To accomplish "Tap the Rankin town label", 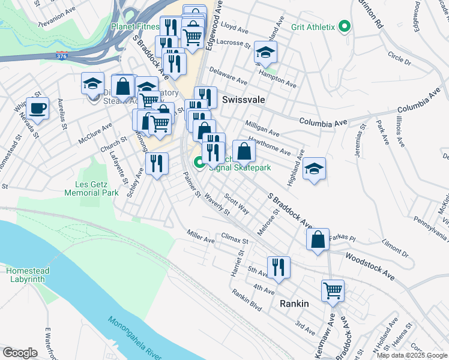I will click(x=294, y=304).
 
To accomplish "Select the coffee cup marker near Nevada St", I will click(x=37, y=109).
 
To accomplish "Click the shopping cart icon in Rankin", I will click(x=333, y=290).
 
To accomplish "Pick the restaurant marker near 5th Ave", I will click(x=279, y=267).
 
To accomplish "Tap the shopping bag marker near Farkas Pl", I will click(x=318, y=239).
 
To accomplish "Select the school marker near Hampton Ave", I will click(x=265, y=52).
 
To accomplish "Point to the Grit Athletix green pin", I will click(x=344, y=26).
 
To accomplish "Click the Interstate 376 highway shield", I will click(x=62, y=56).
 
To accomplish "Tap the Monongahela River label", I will click(x=135, y=338).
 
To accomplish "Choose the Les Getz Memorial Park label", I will click(x=92, y=189).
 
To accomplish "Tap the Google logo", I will click(x=20, y=353).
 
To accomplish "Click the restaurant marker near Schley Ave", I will click(x=157, y=163).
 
